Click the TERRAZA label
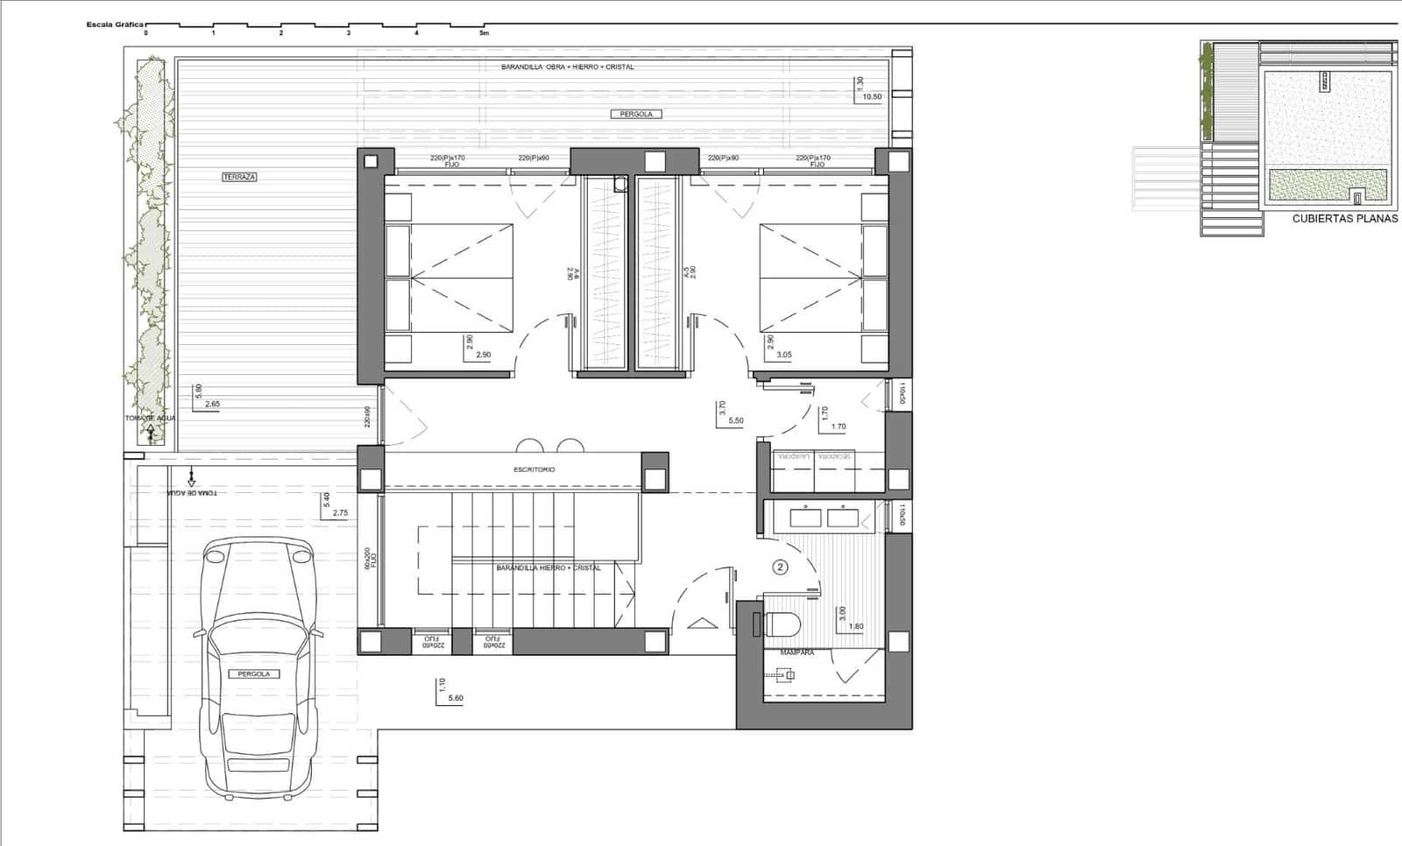239,177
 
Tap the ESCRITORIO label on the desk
534,470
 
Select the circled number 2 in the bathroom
780,567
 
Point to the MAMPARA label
797,652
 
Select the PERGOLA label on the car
254,673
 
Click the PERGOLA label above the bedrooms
636,114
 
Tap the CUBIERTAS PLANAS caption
1345,219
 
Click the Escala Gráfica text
115,25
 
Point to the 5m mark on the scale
484,33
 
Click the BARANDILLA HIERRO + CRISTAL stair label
549,568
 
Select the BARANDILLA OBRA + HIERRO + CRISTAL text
567,67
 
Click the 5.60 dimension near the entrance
455,698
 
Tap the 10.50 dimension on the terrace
872,96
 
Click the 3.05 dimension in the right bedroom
784,355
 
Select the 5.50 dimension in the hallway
735,420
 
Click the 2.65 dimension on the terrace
212,404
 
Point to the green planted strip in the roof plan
1329,183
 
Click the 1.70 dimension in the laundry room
838,427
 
